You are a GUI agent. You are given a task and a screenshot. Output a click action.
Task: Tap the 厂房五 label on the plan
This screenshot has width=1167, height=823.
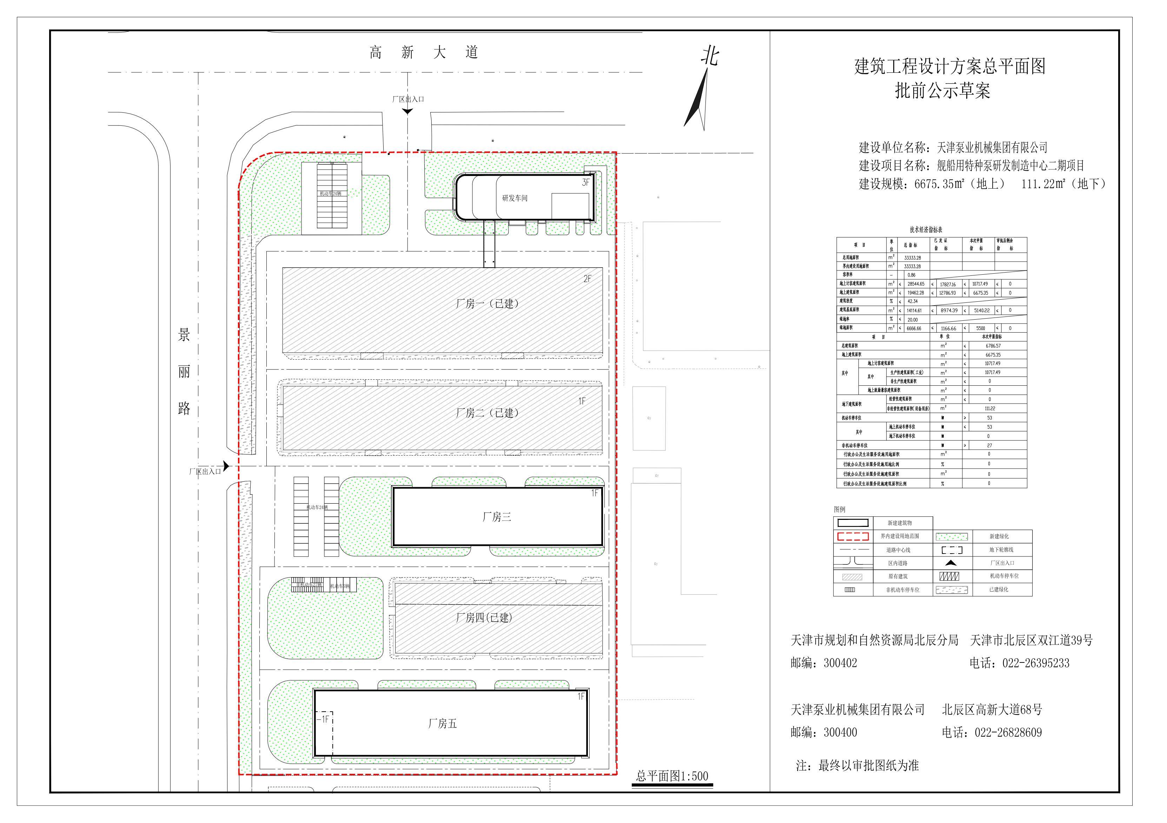pos(442,723)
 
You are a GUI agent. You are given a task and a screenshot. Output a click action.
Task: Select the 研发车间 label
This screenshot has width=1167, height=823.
pos(515,198)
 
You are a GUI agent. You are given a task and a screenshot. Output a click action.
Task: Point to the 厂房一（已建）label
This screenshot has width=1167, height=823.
pos(487,304)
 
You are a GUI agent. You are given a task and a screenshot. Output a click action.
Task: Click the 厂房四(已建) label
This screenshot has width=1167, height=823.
pos(484,618)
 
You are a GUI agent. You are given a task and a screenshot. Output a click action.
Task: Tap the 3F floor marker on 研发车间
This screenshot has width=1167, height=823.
pos(585,182)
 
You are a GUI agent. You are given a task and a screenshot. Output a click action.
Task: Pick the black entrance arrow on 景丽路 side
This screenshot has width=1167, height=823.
pos(226,465)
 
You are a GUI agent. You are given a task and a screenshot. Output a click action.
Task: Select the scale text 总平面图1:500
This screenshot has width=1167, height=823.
pos(672,776)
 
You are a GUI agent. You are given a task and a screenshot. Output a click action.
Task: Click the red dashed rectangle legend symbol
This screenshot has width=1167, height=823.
pos(853,536)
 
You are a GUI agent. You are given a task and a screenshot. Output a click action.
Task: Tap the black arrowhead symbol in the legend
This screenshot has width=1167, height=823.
pos(951,563)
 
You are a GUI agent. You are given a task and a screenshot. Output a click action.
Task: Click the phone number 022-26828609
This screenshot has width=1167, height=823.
pos(1008,732)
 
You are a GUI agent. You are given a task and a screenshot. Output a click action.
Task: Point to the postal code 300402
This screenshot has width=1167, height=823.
pos(840,663)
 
